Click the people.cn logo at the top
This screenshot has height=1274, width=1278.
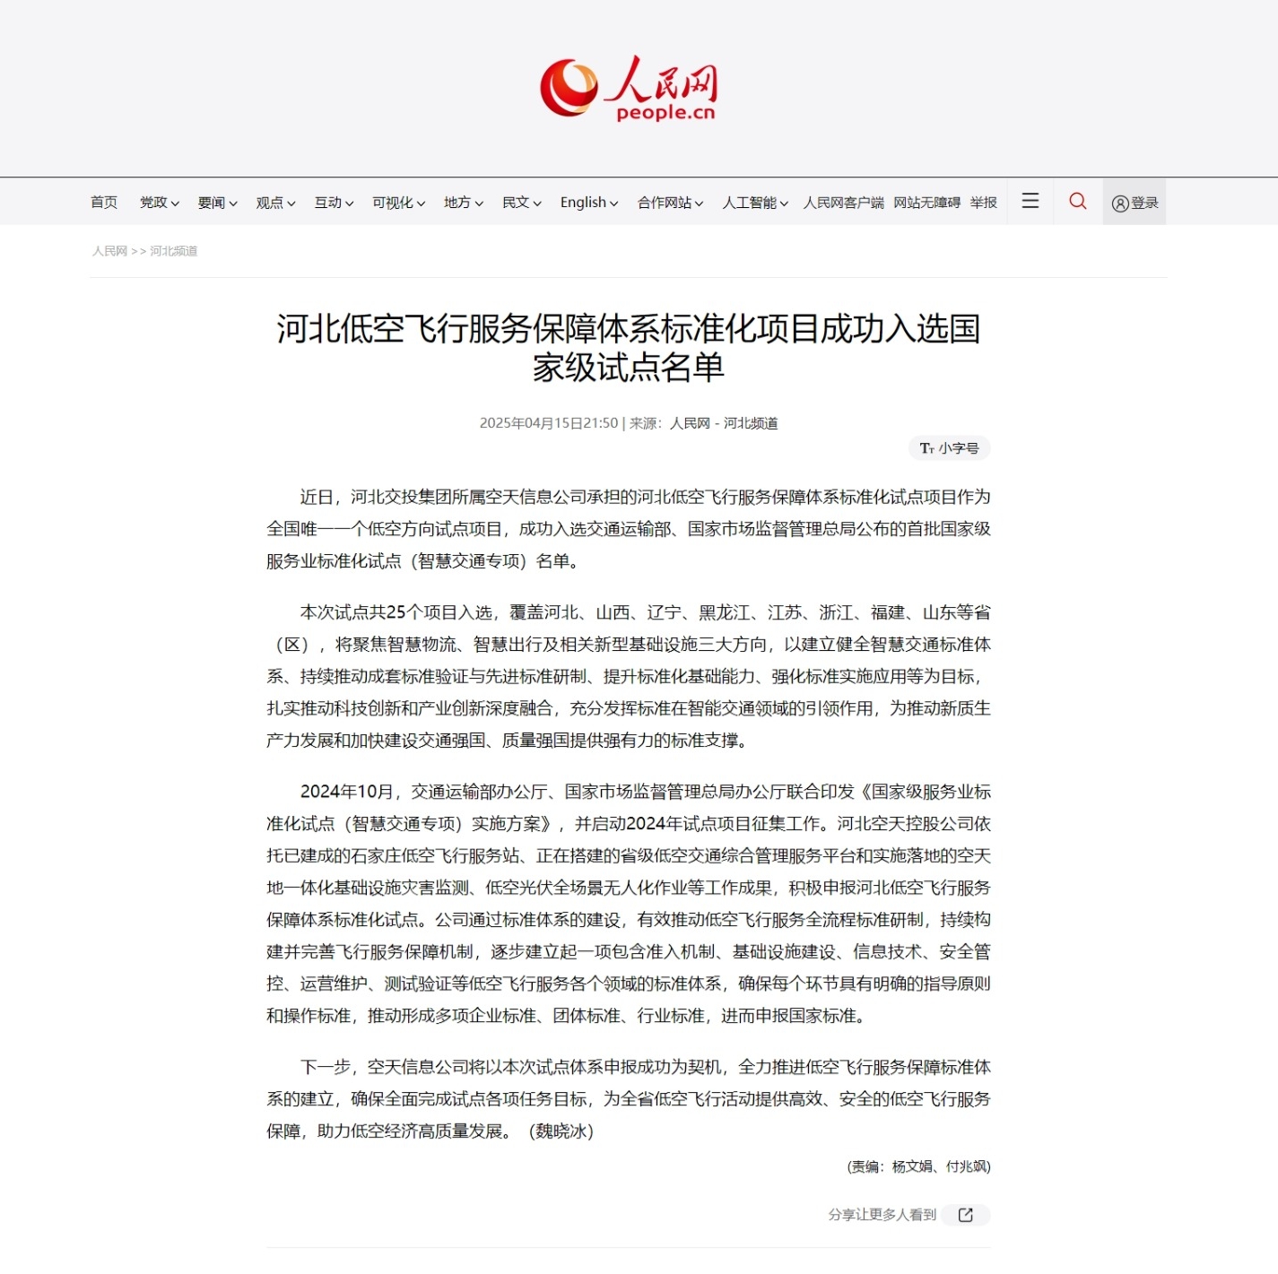point(628,88)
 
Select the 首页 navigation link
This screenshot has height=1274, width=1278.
point(104,203)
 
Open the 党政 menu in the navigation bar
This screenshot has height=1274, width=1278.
point(159,203)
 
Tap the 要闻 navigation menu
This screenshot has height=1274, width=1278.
point(217,203)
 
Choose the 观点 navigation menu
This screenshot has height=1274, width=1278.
point(275,203)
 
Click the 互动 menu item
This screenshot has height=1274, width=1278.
point(334,203)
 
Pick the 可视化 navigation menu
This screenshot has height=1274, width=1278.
point(398,203)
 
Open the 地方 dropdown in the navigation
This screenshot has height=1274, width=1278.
point(463,203)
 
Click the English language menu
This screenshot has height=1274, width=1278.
point(588,203)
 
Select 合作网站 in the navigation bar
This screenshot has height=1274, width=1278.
point(670,203)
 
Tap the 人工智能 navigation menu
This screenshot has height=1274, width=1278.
point(755,203)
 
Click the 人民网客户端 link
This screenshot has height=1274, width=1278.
point(843,203)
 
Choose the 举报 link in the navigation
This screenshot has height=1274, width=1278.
point(983,203)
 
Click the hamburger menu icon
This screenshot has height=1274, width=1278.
point(1030,201)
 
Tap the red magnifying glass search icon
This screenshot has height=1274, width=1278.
point(1078,201)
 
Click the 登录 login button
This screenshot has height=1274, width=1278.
point(1135,203)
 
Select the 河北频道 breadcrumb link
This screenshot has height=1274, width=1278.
point(173,251)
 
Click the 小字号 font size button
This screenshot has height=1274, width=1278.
point(950,448)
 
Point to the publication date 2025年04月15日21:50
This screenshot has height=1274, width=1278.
point(549,423)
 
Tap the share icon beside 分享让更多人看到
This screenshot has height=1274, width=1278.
point(966,1215)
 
